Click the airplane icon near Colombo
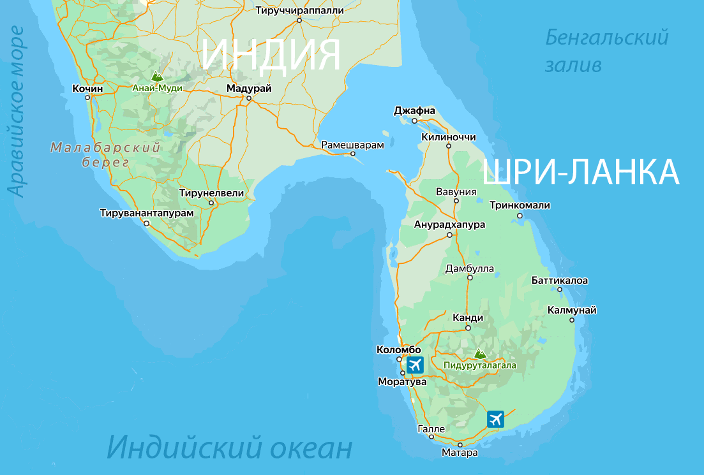(415, 365)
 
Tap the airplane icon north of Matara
(495, 419)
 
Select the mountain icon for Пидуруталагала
(479, 353)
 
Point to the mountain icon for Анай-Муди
(156, 77)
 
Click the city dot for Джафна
(414, 121)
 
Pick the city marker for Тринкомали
(520, 216)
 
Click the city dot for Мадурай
(249, 98)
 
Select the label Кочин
(88, 88)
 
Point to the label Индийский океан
(229, 448)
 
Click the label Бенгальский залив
(606, 51)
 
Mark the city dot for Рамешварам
(352, 154)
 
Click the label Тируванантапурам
(146, 213)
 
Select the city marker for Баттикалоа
(560, 289)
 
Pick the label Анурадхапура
(449, 224)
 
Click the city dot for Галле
(431, 437)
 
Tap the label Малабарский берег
(105, 155)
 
